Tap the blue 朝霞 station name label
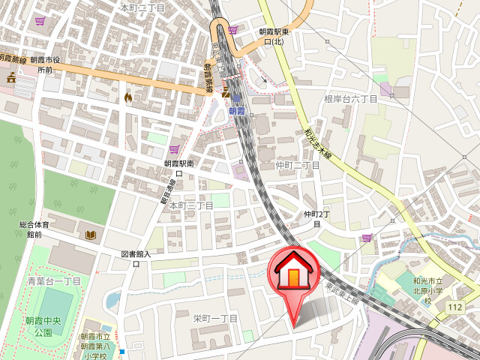[x=237, y=111]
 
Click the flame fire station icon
[x=128, y=97]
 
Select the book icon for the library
[x=91, y=235]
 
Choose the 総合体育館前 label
[x=34, y=229]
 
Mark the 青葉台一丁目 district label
[x=54, y=281]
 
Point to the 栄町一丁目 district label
[x=215, y=319]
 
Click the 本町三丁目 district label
[x=191, y=205]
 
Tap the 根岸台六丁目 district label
[x=350, y=99]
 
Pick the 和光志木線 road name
[x=317, y=142]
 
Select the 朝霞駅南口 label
[x=179, y=167]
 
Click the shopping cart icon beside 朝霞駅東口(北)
[x=232, y=30]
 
